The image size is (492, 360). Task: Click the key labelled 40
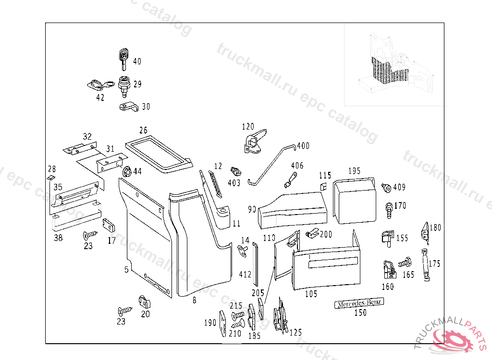pos(124,58)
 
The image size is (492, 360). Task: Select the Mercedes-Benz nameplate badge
pos(359,303)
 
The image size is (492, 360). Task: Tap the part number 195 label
pos(354,171)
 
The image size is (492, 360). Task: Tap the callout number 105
pos(311,294)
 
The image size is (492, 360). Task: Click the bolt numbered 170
pos(387,207)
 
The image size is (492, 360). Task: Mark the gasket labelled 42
pos(98,85)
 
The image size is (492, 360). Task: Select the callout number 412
pos(245,275)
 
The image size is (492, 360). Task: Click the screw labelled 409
pos(386,187)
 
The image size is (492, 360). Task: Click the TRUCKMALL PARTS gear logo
pos(451,340)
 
